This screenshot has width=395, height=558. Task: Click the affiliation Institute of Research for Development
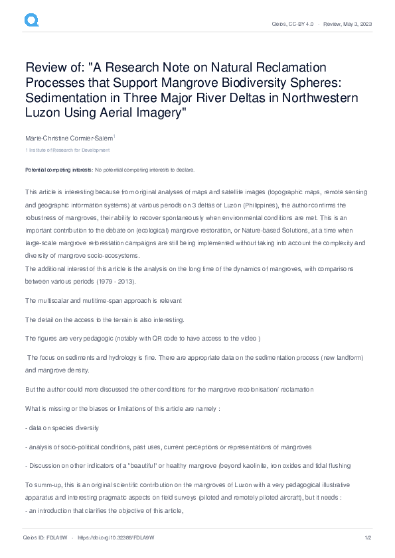64,150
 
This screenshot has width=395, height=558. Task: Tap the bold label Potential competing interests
58,170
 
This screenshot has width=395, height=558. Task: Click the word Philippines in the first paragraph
242,205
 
